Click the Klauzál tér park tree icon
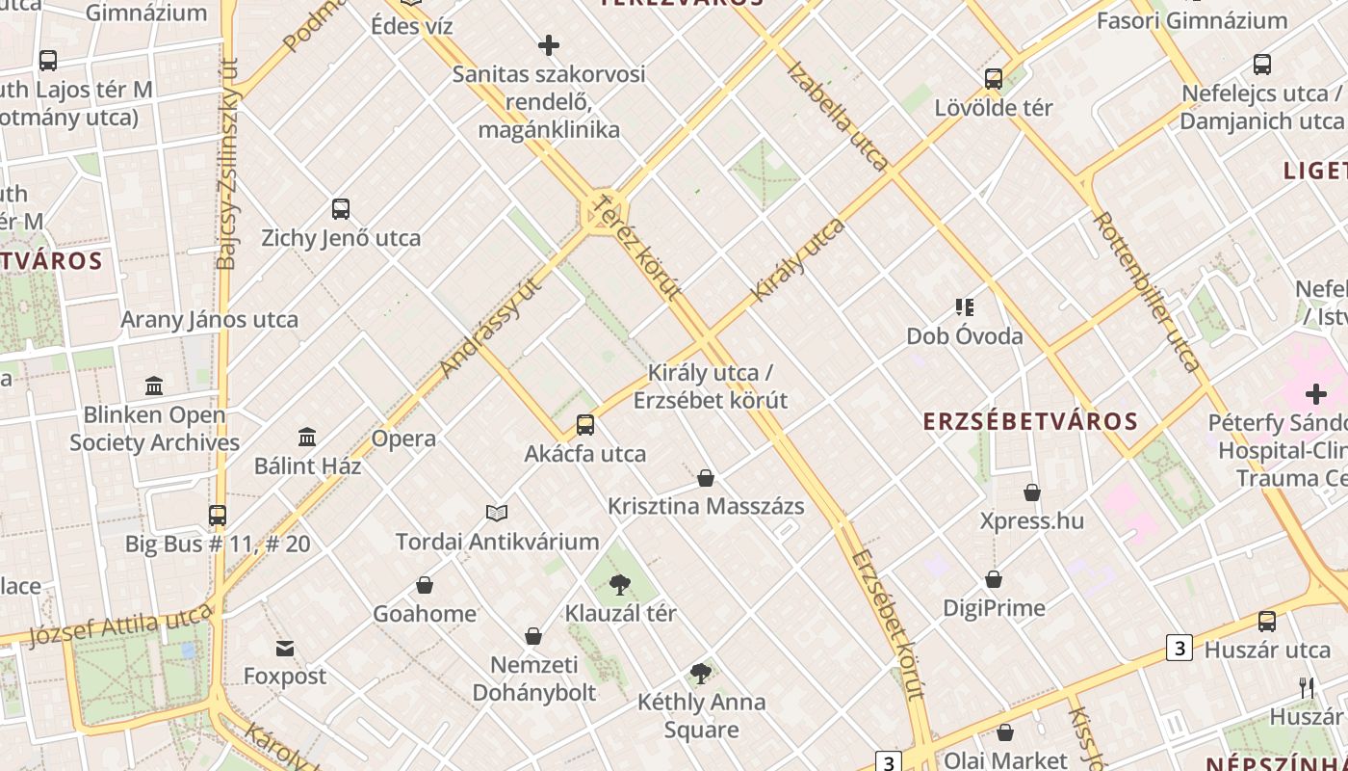(620, 584)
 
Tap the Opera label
(403, 439)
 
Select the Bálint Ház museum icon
(307, 438)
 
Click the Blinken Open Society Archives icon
(154, 386)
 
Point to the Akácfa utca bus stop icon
(585, 425)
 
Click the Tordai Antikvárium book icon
(497, 513)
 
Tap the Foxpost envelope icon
(285, 648)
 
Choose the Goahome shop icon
(425, 585)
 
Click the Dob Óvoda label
(964, 336)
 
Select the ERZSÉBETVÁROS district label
(1030, 421)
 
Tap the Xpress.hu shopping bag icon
(1032, 492)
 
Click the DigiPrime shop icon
(994, 579)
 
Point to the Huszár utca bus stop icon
(1267, 622)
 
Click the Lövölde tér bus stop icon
(994, 79)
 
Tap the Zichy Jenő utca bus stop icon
(341, 209)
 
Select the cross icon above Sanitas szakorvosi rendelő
(549, 45)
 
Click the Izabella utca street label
(838, 116)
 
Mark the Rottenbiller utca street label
(1146, 291)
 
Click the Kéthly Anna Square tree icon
(701, 674)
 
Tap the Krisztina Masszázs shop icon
(706, 478)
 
